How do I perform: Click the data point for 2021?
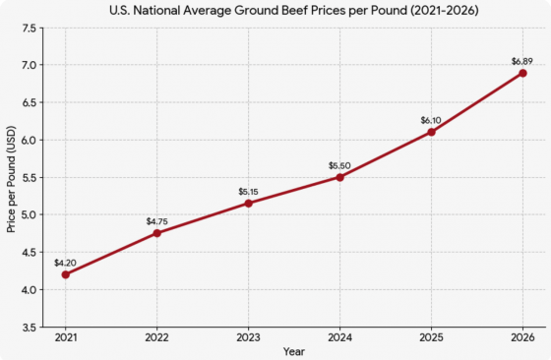(65, 274)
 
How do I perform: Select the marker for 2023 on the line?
(248, 204)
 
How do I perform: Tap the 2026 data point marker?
(522, 73)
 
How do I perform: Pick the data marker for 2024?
(339, 177)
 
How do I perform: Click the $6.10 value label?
(431, 120)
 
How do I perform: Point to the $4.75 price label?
(157, 221)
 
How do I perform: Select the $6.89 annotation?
(522, 61)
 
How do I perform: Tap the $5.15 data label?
(248, 192)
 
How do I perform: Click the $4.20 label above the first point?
(65, 263)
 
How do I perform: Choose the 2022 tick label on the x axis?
(157, 338)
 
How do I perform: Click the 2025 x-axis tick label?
(431, 338)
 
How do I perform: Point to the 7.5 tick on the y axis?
(30, 29)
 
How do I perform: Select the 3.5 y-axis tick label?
(30, 328)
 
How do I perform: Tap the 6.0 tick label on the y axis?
(30, 140)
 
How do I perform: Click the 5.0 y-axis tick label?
(30, 214)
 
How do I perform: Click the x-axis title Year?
(294, 351)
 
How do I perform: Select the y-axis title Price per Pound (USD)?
(11, 179)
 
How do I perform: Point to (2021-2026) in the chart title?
(444, 11)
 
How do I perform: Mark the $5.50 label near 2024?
(339, 166)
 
